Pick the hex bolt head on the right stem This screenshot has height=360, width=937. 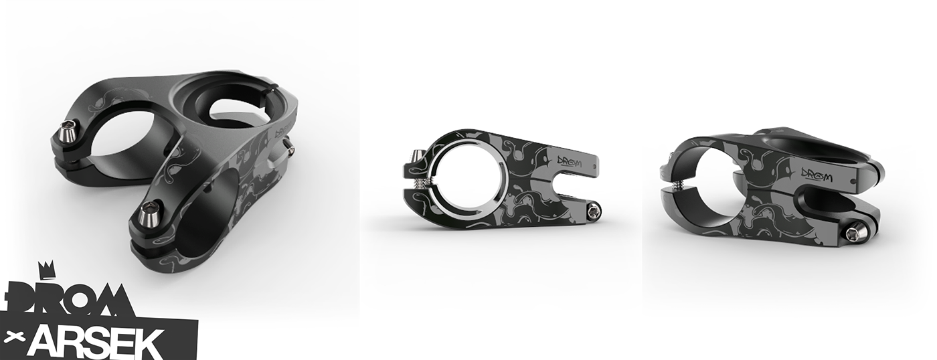tap(853, 232)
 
